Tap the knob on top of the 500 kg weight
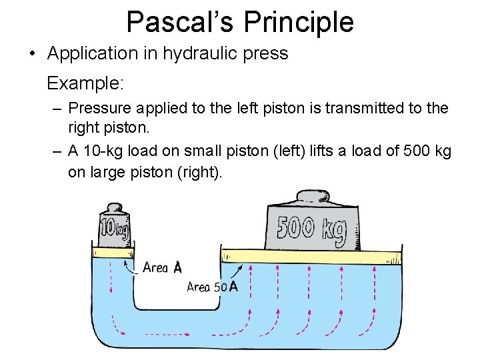coord(312,197)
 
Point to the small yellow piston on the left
coord(114,252)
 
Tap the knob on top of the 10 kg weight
coord(114,207)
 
